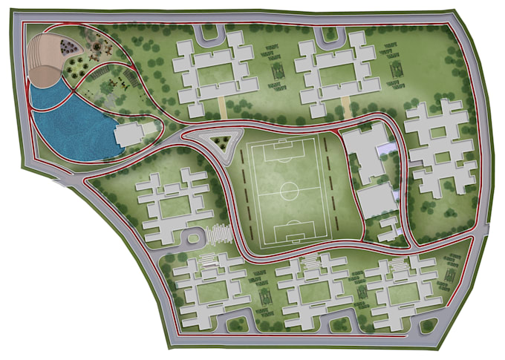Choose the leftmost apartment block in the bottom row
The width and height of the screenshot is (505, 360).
pyautogui.click(x=209, y=289)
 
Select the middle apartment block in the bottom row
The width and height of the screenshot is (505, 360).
pyautogui.click(x=311, y=289)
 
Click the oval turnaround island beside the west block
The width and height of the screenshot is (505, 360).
pyautogui.click(x=194, y=239)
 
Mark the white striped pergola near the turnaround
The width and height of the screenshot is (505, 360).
pyautogui.click(x=218, y=234)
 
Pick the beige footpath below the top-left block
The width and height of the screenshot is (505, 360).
pyautogui.click(x=222, y=108)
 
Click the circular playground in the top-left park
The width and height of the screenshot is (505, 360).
pyautogui.click(x=67, y=47)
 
